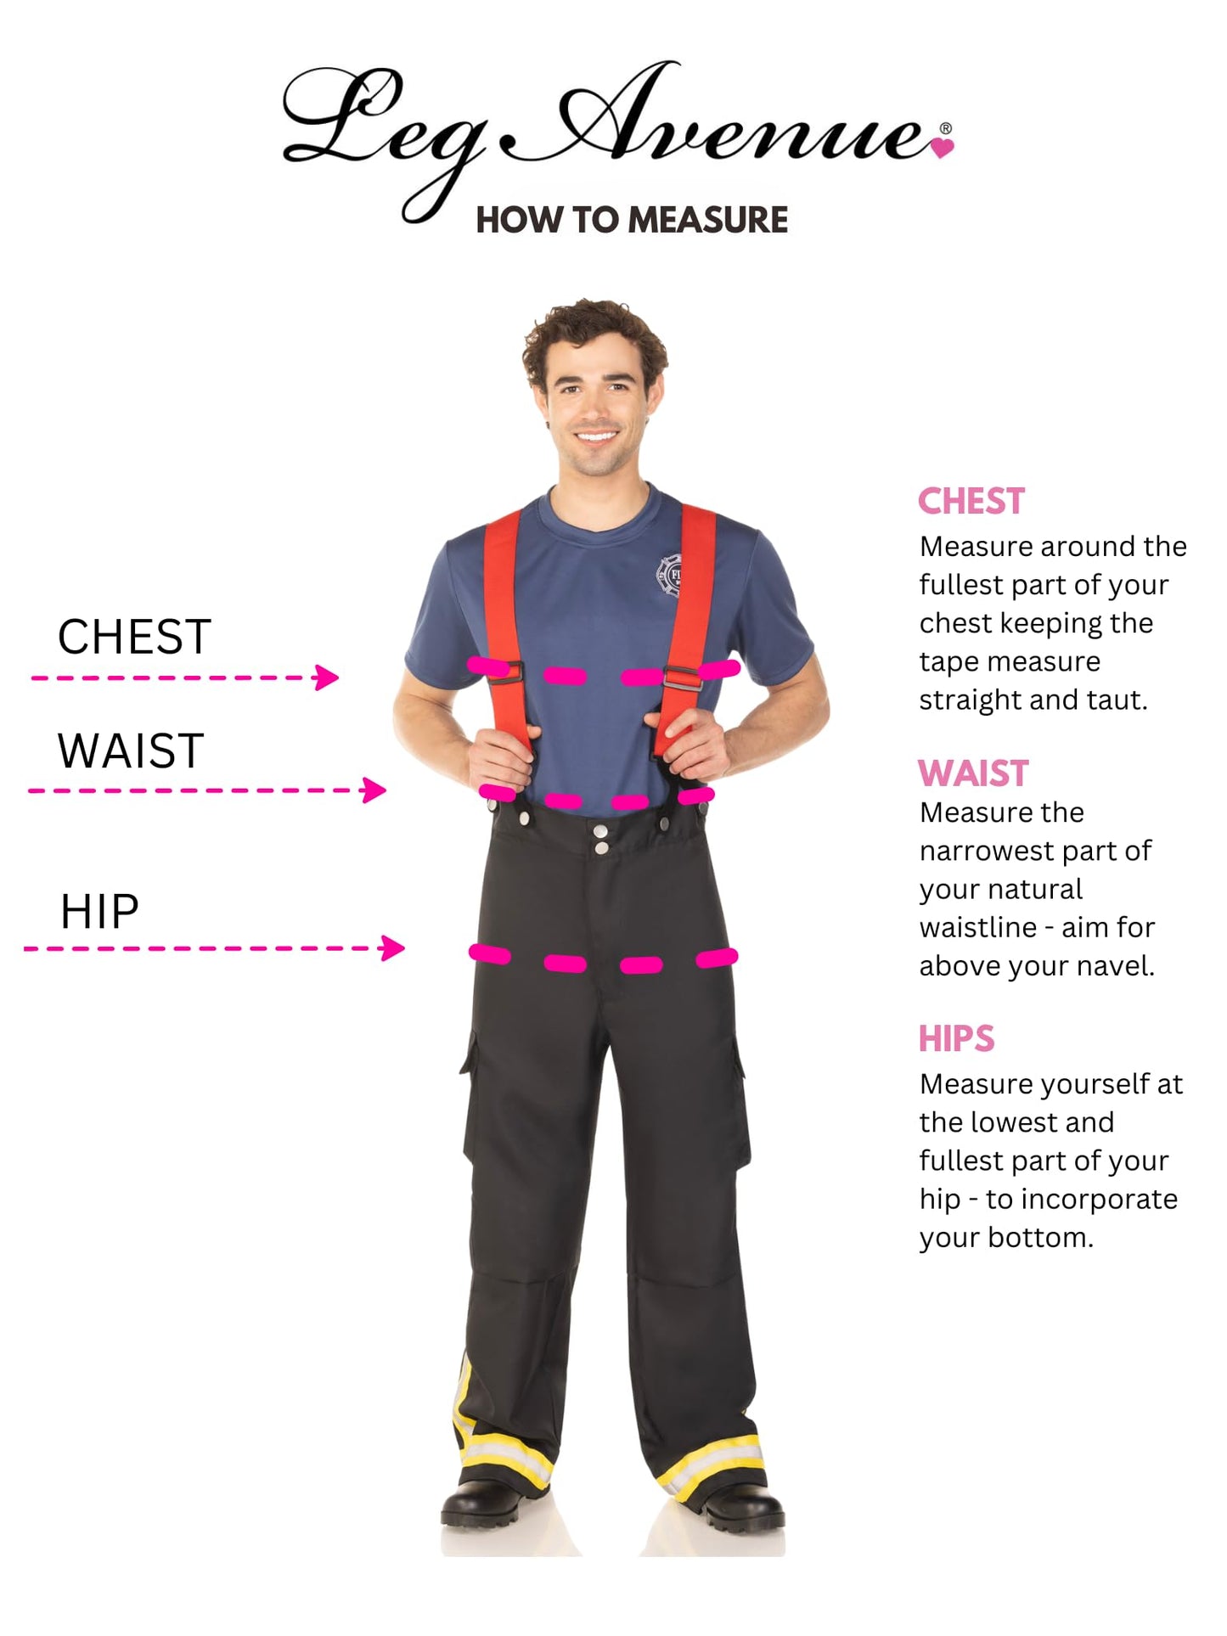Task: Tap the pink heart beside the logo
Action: pos(943,148)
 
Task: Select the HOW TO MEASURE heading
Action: pos(632,220)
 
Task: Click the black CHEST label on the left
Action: pos(134,636)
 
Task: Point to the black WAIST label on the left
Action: pos(131,751)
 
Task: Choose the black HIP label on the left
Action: pos(99,912)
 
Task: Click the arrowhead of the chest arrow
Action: pos(327,677)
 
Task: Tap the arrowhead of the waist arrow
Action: pos(374,790)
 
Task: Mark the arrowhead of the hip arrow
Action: pos(393,947)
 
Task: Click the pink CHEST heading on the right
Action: pos(971,501)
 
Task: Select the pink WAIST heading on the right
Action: pos(973,773)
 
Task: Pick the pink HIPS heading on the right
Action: pos(956,1038)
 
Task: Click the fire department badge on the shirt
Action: pos(671,575)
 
